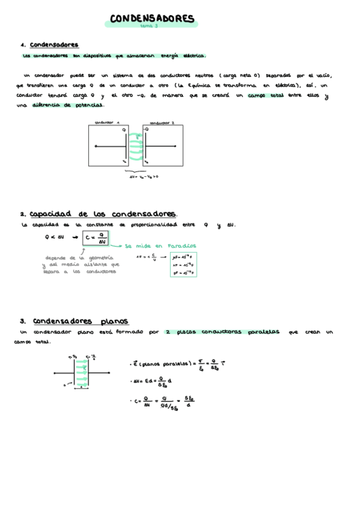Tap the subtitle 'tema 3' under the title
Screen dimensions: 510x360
coord(148,26)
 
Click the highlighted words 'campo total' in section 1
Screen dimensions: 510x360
coord(267,95)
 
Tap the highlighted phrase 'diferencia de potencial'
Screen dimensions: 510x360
coord(66,105)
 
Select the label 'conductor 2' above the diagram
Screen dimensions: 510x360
coord(162,122)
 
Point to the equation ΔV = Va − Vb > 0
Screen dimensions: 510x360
coord(144,177)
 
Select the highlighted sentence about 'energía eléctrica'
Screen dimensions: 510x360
coord(114,56)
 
